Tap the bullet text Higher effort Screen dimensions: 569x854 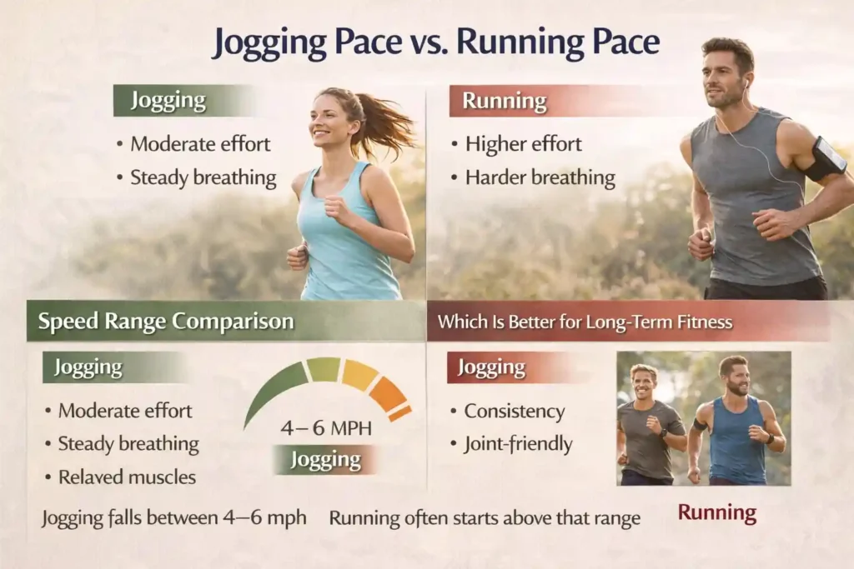tap(523, 144)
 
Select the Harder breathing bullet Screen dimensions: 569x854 tap(540, 177)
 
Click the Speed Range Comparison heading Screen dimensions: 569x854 tap(166, 322)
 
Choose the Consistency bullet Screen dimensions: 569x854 tap(514, 412)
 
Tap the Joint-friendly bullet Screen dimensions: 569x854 tap(518, 445)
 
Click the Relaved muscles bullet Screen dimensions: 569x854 tap(127, 477)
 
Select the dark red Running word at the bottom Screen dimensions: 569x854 tap(716, 512)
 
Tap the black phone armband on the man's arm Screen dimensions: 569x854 tap(823, 158)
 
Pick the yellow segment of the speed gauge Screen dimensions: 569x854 tap(359, 374)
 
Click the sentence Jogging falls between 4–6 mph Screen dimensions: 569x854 tap(173, 518)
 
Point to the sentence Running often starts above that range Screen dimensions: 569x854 tap(484, 518)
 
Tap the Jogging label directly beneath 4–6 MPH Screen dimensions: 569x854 tap(325, 460)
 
